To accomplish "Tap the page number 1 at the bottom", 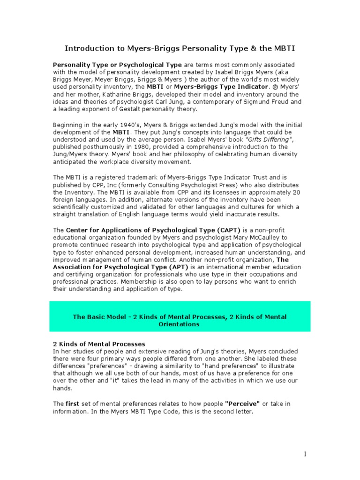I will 305,454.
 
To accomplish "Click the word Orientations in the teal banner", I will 179,324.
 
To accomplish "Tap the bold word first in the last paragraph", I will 71,403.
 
